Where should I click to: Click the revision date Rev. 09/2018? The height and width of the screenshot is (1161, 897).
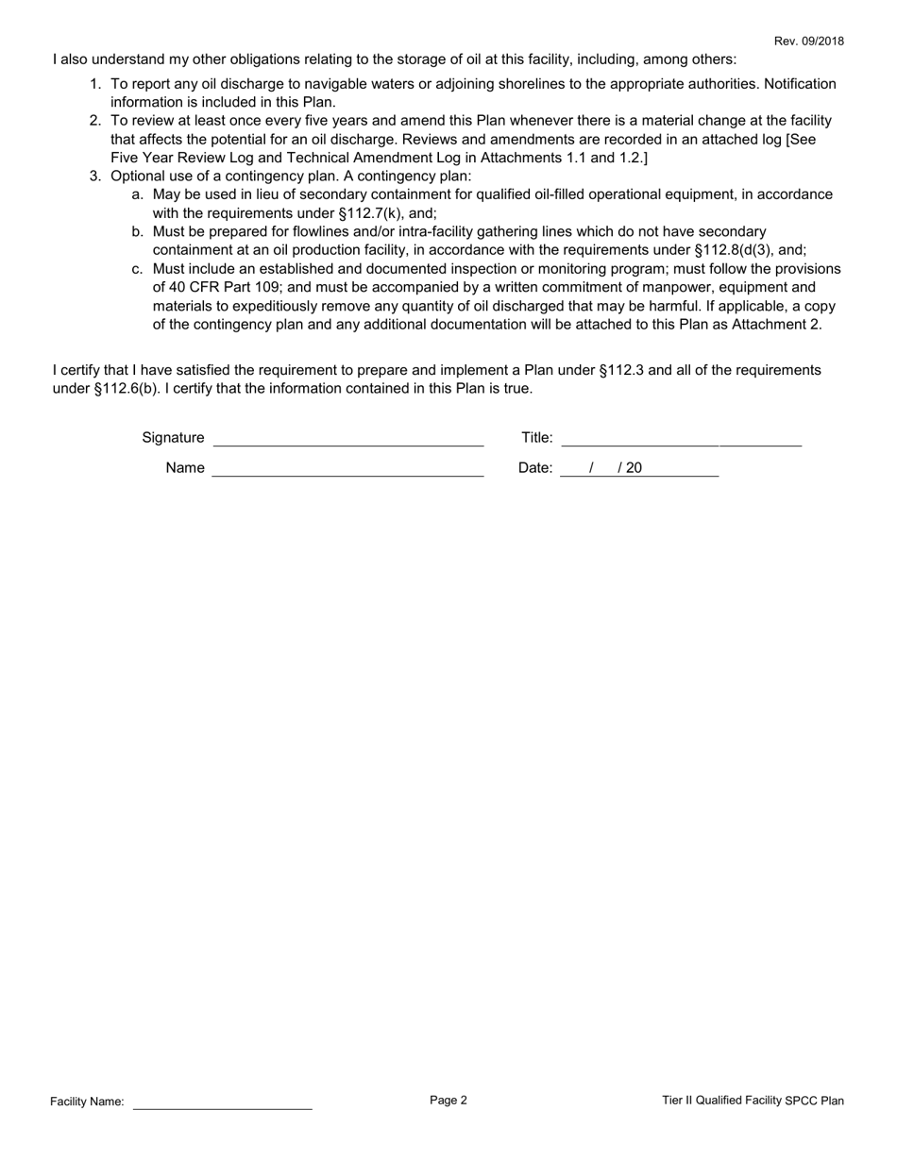pos(809,41)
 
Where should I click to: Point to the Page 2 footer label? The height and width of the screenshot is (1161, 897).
pos(448,1100)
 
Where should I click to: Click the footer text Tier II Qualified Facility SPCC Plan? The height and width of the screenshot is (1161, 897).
pos(753,1101)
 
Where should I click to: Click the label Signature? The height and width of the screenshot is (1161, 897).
pos(173,437)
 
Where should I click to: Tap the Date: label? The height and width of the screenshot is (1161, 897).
pos(535,467)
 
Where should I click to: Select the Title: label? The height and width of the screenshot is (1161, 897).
pos(537,437)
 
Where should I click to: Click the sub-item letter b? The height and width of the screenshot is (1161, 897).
pos(138,231)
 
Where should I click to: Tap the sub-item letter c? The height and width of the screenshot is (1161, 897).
pos(138,269)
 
